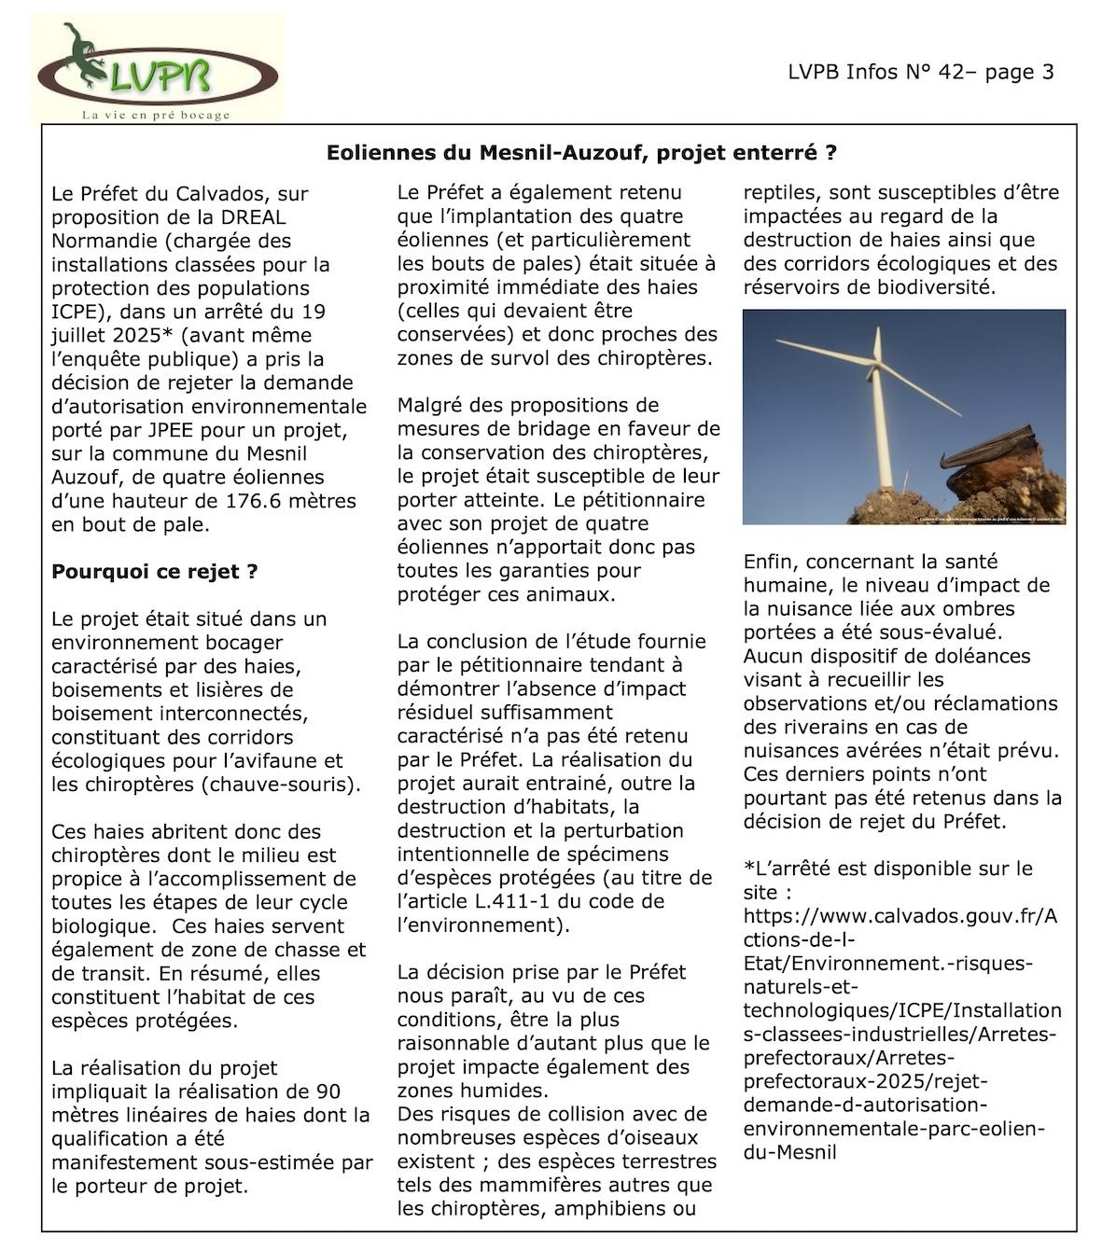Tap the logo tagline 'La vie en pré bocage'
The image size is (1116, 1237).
[156, 116]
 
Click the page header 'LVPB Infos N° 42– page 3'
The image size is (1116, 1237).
[921, 72]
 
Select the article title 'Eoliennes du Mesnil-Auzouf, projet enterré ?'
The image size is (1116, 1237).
[581, 152]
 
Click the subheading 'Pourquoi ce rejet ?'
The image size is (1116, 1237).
[155, 572]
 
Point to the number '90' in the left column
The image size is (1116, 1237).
[328, 1091]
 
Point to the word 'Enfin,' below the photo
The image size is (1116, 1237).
[772, 562]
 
